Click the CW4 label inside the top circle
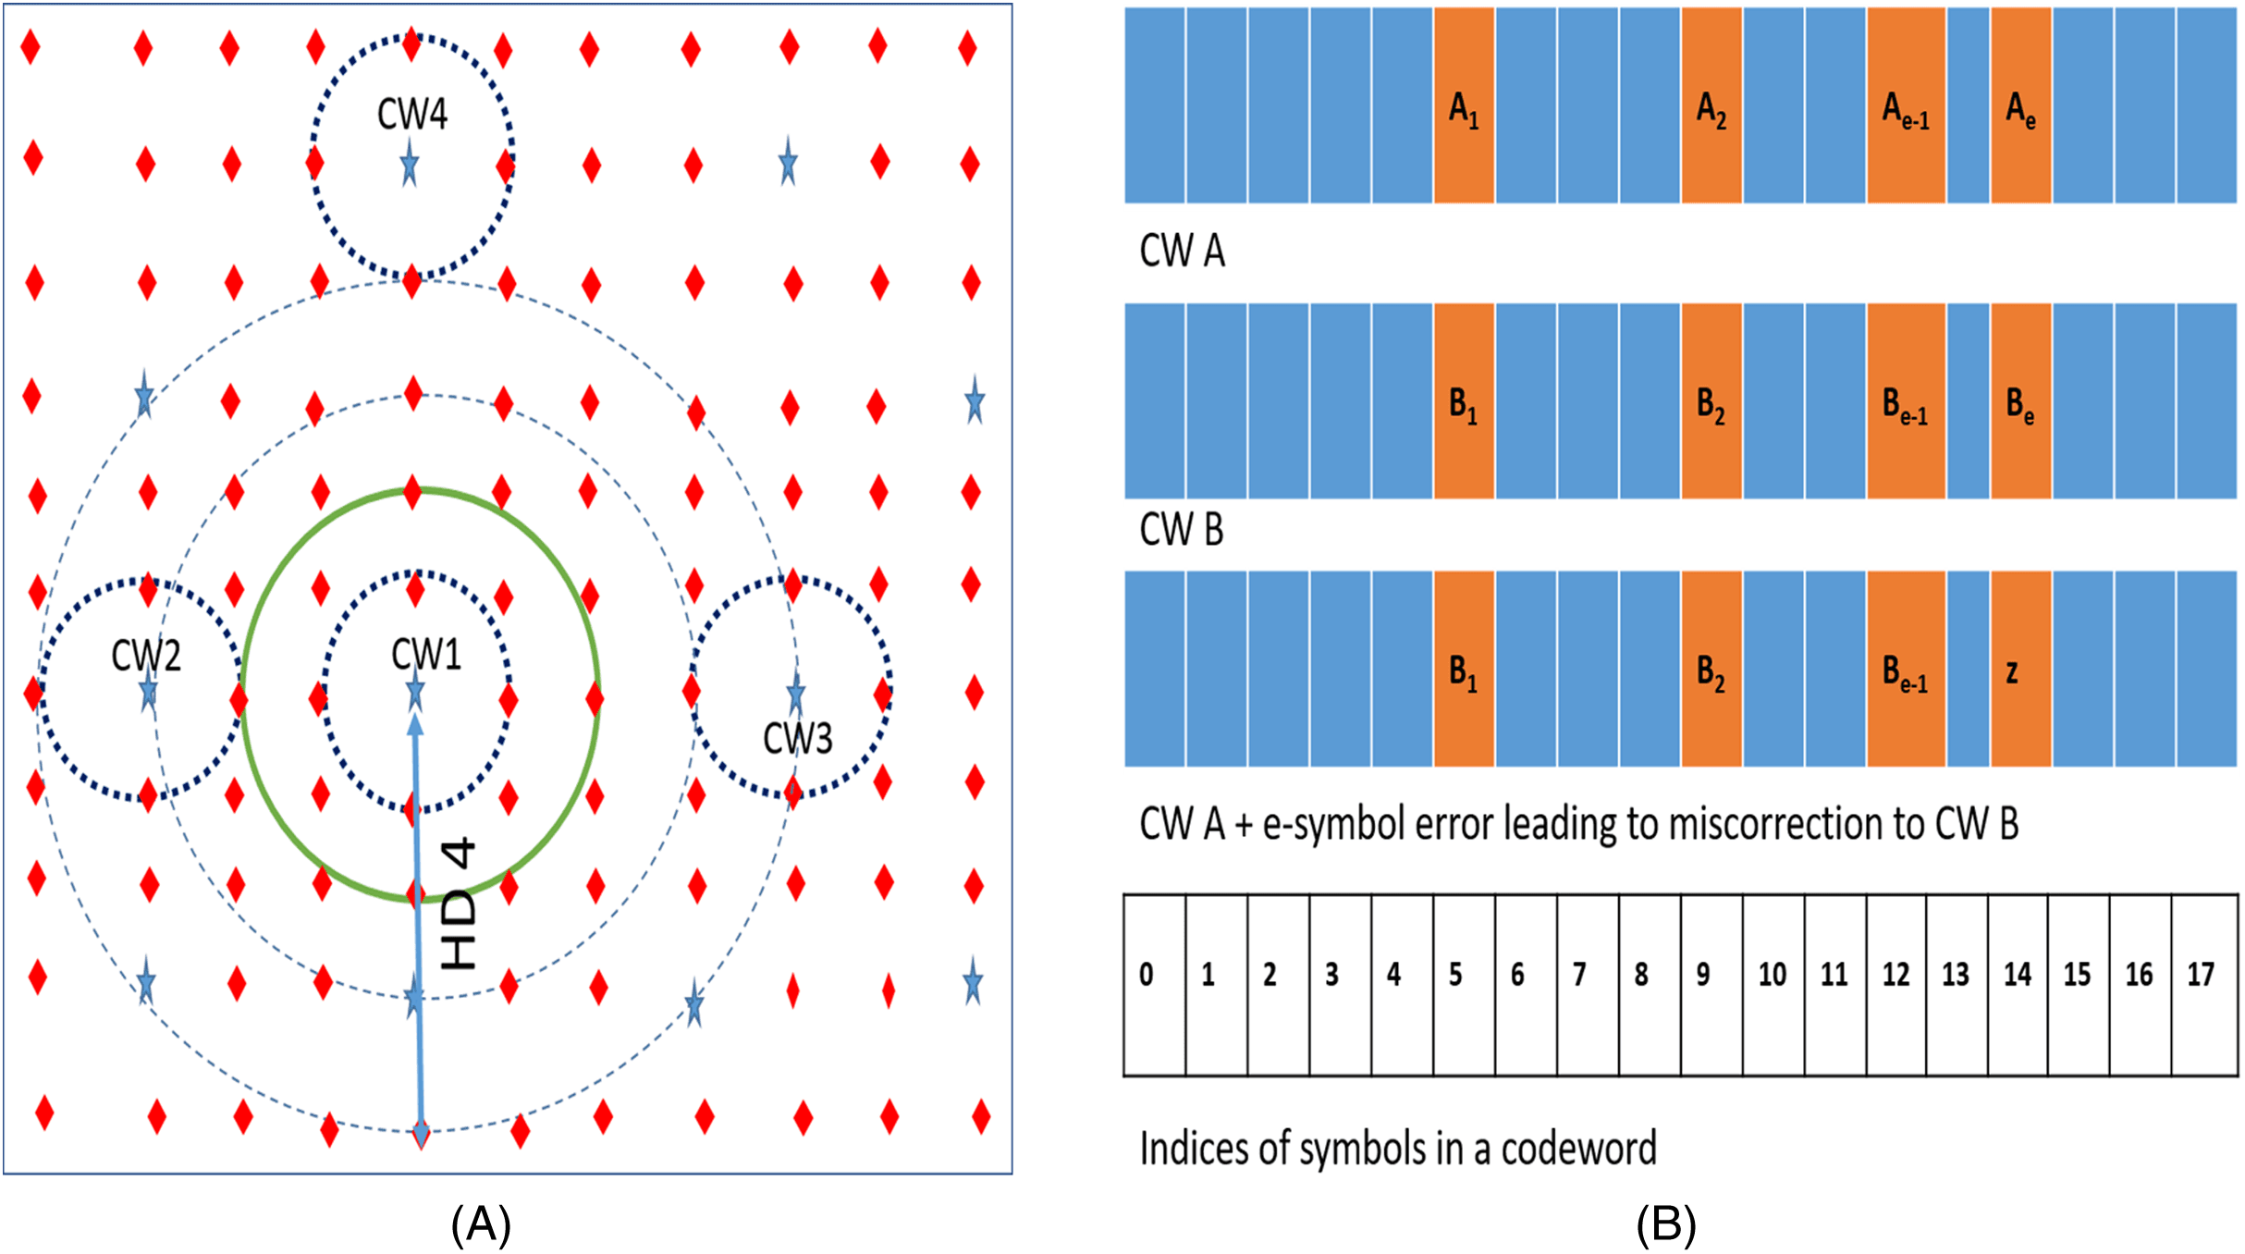click(x=412, y=115)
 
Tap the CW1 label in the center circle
click(x=425, y=655)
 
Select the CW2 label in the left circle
click(x=146, y=656)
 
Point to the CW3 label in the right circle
click(x=797, y=739)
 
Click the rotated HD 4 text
click(x=460, y=904)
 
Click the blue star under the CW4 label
click(x=410, y=166)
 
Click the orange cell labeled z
click(x=2020, y=670)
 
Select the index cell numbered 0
click(x=1154, y=984)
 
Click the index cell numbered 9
click(x=1711, y=984)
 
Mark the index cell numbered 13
click(x=1956, y=984)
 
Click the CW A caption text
click(x=1182, y=252)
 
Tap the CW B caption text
click(x=1181, y=530)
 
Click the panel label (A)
click(x=481, y=1224)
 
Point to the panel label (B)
click(x=1666, y=1224)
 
